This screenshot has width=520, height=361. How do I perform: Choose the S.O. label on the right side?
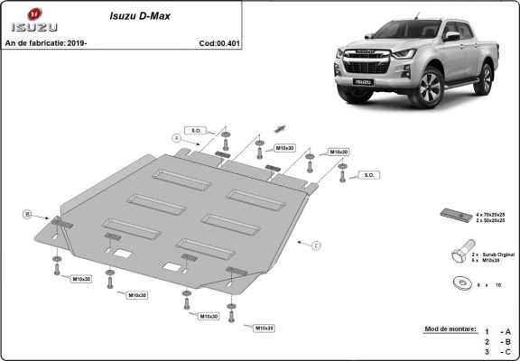pos(367,174)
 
